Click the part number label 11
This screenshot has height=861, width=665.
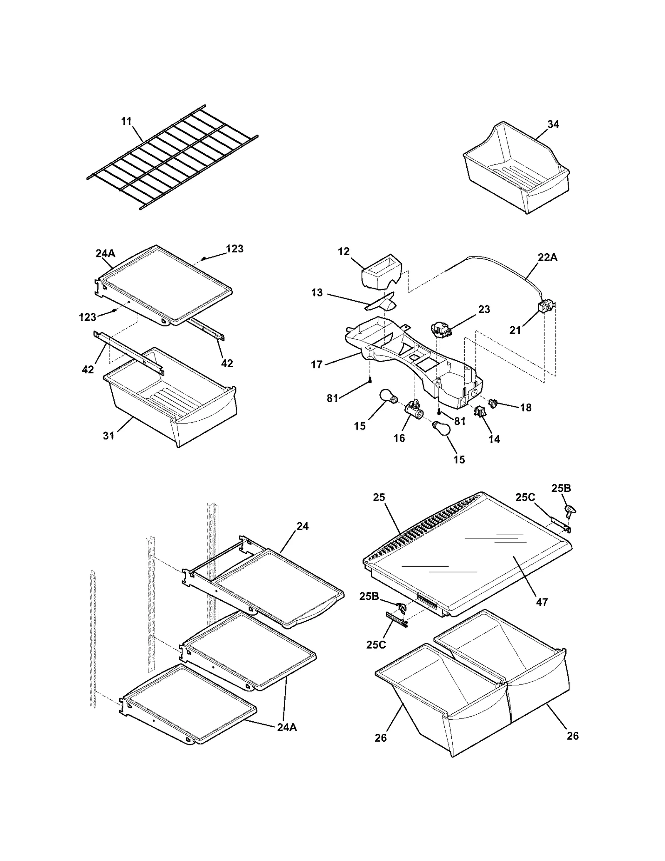coord(126,121)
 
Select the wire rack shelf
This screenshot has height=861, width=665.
coord(172,157)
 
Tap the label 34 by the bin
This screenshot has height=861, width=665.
coord(553,124)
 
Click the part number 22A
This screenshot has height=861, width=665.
coord(547,258)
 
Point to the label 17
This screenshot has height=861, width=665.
coord(317,365)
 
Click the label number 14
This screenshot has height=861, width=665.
coord(494,439)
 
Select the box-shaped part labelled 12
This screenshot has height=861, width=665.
coord(382,271)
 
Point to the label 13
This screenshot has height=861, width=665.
coord(317,293)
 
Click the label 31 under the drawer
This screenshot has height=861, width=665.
coord(108,435)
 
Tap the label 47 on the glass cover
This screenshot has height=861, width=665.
coord(542,602)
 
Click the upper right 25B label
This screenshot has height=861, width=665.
coord(561,488)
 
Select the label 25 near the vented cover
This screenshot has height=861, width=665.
coord(379,497)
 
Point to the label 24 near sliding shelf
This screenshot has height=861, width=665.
coord(303,526)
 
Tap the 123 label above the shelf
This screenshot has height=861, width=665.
coord(235,249)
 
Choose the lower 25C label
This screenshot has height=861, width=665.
coord(375,644)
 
